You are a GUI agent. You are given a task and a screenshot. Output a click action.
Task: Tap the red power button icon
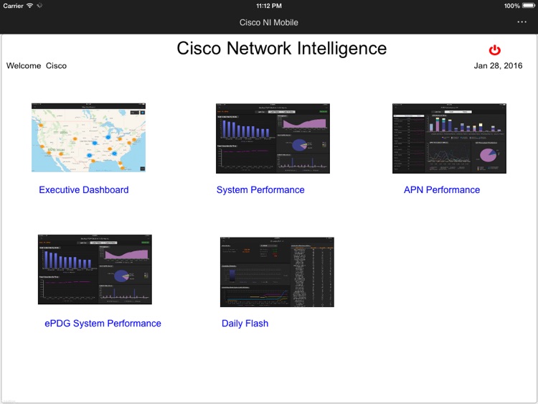(494, 50)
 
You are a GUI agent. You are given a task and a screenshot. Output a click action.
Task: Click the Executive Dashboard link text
(84, 190)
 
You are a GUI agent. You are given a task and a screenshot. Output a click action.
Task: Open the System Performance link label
(260, 190)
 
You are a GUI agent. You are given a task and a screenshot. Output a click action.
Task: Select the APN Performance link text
(442, 190)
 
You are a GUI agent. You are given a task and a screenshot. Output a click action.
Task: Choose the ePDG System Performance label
(103, 324)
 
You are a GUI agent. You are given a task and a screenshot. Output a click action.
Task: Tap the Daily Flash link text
(245, 324)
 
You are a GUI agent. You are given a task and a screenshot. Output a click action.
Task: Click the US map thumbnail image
(88, 138)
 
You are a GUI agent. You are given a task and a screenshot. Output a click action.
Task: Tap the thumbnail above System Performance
(273, 138)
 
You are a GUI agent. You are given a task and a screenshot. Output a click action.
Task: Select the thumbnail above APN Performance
(449, 138)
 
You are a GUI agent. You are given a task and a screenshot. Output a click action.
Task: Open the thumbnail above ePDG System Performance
(95, 269)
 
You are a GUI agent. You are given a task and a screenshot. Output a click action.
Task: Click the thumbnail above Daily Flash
(277, 272)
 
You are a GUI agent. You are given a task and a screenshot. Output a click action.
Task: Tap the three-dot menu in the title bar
(522, 22)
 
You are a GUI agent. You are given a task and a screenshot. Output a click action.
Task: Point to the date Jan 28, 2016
(498, 66)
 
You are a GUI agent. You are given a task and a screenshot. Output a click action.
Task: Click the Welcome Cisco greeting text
(37, 66)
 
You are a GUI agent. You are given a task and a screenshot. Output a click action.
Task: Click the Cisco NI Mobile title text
(268, 22)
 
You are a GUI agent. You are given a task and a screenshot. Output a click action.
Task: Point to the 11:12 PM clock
(268, 6)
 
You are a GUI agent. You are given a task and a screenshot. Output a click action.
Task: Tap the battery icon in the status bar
(529, 6)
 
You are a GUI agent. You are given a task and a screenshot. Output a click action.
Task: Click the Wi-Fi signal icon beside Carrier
(30, 6)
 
